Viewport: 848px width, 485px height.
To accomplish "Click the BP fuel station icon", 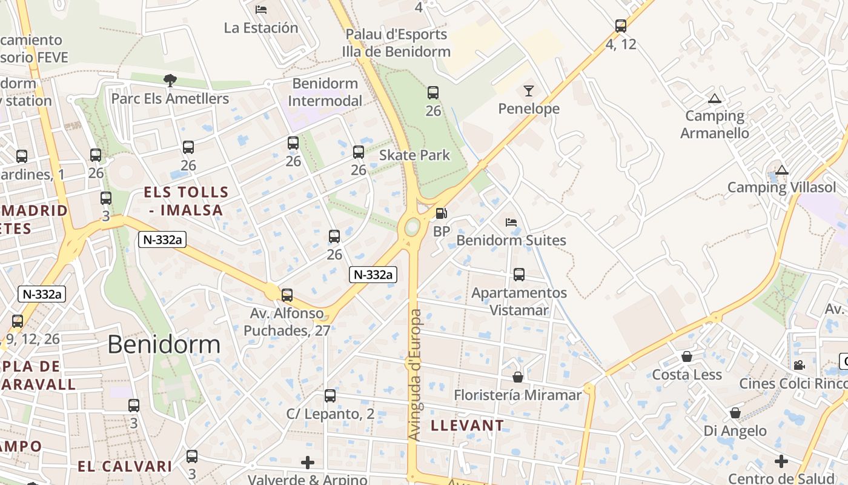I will point(442,213).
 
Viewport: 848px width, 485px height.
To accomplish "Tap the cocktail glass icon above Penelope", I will point(529,91).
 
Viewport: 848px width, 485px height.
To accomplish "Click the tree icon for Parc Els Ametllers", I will point(170,80).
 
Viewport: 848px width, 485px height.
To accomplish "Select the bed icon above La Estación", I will point(261,9).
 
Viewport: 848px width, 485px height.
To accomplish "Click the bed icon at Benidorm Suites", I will point(511,222).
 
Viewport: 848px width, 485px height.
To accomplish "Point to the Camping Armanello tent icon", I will point(715,98).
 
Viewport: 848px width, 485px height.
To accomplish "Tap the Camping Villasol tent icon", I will point(782,170).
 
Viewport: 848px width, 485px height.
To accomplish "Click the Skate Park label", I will point(415,155).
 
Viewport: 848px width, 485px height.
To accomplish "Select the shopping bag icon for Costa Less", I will point(686,356).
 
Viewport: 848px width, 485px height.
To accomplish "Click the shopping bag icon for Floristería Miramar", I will point(518,377).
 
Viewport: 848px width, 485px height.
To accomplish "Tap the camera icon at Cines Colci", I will point(799,365).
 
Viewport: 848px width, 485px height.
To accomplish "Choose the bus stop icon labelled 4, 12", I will point(620,26).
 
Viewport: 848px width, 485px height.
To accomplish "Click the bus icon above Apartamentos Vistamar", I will point(519,275).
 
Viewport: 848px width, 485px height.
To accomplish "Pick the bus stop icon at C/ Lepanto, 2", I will point(330,396).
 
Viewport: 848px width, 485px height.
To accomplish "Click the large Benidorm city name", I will point(164,344).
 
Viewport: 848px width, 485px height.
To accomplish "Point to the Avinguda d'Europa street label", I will point(415,375).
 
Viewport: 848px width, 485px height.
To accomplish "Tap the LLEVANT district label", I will point(467,426).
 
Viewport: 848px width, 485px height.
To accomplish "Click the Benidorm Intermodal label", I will point(326,92).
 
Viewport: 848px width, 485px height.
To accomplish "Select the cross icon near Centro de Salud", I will point(781,461).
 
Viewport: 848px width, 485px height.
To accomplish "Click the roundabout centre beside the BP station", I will point(412,227).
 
